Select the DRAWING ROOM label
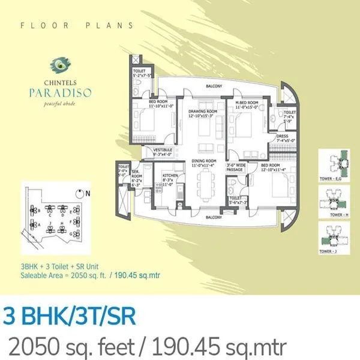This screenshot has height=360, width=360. [x=203, y=111]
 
